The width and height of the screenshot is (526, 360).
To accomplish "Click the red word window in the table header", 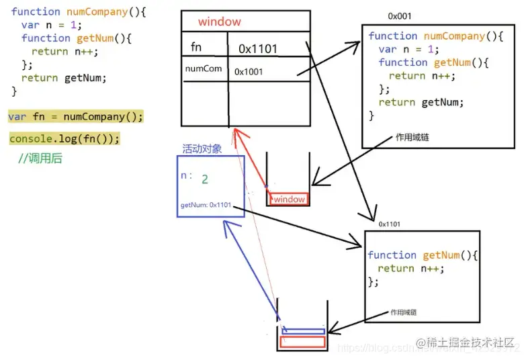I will tap(219, 22).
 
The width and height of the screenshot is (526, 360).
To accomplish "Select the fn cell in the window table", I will tap(196, 48).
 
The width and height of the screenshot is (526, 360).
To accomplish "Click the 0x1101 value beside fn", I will tap(257, 48).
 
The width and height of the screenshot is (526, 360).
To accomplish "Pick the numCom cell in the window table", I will tap(204, 69).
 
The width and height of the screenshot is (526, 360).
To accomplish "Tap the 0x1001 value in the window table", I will tap(249, 71).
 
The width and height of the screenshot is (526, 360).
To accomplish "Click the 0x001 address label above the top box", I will tap(400, 15).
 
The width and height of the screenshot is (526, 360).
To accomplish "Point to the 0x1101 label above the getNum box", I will tap(390, 224).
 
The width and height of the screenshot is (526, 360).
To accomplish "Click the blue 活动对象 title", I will tap(202, 148).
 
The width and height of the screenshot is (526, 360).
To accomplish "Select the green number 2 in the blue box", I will tap(205, 179).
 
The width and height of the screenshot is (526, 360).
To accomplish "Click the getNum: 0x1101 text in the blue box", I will tap(206, 204).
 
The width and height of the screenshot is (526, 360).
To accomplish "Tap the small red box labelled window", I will tap(288, 199).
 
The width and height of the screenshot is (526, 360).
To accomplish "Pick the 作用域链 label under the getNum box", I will tap(408, 312).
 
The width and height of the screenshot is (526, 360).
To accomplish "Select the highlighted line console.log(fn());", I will tap(64, 139).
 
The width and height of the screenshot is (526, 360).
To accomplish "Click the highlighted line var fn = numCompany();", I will tap(76, 117).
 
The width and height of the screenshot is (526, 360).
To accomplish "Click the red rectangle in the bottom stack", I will tap(302, 342).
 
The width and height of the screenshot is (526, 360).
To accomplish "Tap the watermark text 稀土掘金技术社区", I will tap(474, 343).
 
